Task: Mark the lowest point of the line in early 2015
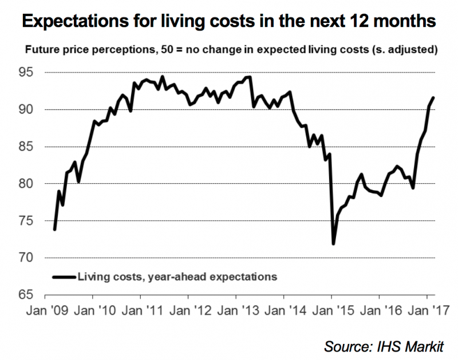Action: pyautogui.click(x=333, y=244)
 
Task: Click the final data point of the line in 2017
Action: pyautogui.click(x=433, y=97)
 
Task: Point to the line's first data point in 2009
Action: pyautogui.click(x=54, y=230)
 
